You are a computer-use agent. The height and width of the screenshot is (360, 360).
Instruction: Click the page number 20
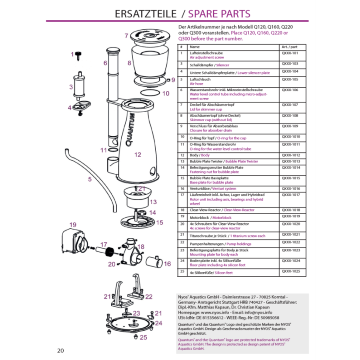61,350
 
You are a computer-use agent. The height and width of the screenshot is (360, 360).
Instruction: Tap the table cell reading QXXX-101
289,52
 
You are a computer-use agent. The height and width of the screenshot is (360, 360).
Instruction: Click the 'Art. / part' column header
289,46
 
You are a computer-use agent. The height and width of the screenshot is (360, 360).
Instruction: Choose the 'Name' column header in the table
195,46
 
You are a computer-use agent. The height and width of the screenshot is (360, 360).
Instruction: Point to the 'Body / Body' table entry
199,155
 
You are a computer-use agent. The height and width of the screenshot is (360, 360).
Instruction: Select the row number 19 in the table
182,216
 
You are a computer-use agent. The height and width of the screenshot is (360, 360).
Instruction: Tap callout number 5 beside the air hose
89,179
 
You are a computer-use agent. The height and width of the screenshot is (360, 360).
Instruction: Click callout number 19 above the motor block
69,226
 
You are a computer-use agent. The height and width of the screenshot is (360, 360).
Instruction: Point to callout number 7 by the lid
126,36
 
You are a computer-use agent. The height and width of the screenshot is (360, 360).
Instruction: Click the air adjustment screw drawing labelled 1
79,55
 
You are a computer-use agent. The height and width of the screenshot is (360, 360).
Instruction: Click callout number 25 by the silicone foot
144,337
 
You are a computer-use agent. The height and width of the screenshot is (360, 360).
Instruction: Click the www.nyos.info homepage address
217,313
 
